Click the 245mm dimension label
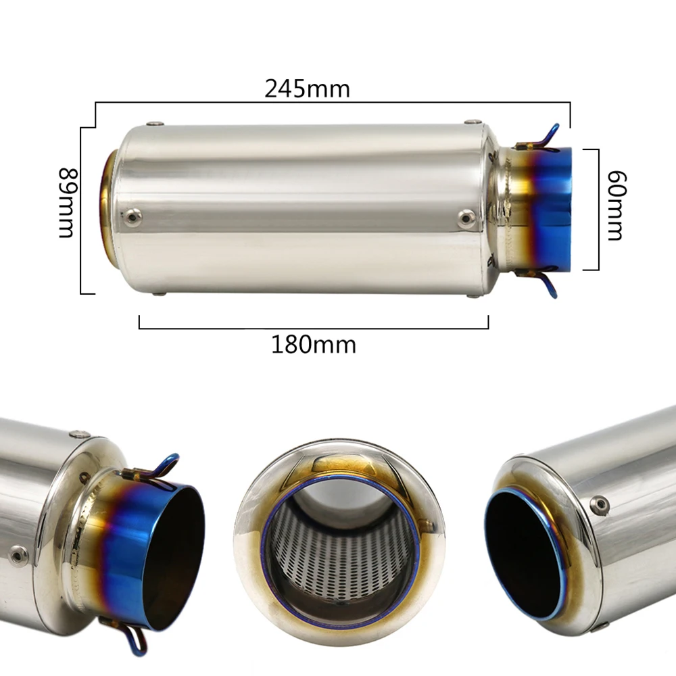click(307, 89)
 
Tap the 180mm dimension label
click(314, 345)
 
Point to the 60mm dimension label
click(616, 206)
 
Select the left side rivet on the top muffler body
click(132, 217)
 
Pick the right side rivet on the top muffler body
click(466, 217)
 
